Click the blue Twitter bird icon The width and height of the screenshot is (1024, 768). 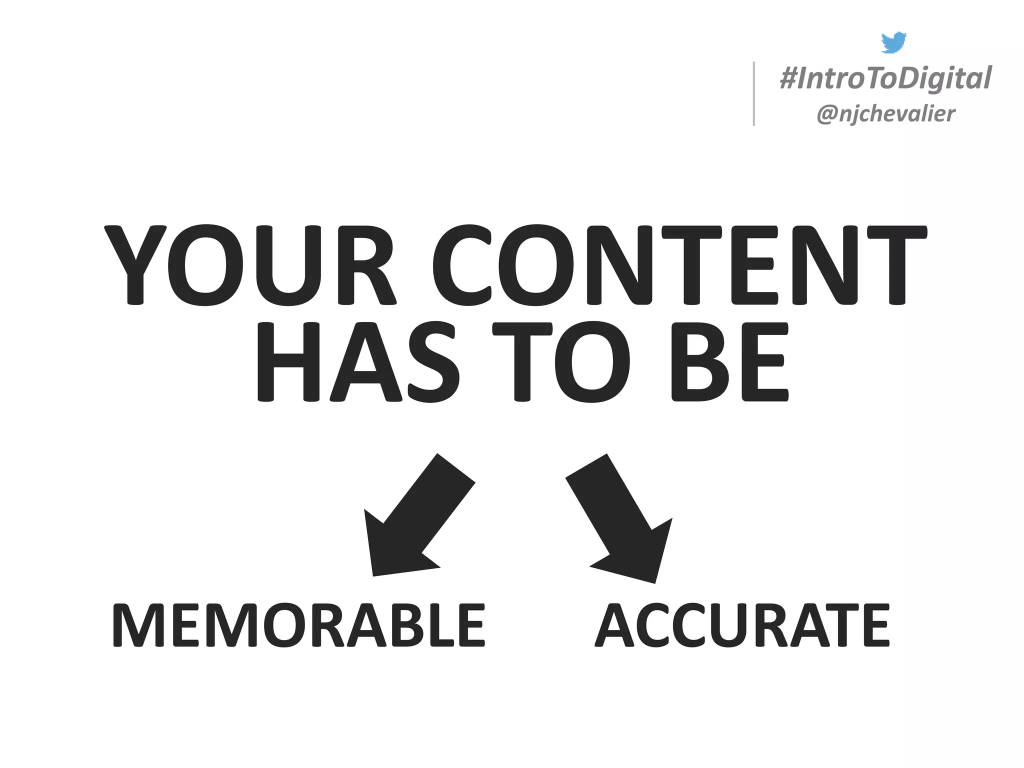893,42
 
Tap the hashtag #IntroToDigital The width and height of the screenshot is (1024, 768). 885,78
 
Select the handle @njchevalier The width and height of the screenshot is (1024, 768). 885,114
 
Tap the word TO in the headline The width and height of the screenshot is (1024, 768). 561,361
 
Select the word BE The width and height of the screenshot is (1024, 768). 729,361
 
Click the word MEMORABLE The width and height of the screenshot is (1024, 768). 298,625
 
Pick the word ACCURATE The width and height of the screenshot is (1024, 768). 742,625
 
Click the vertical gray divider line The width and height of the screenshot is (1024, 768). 753,93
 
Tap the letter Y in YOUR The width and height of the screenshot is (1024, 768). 135,265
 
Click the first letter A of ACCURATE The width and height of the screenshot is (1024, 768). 616,625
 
